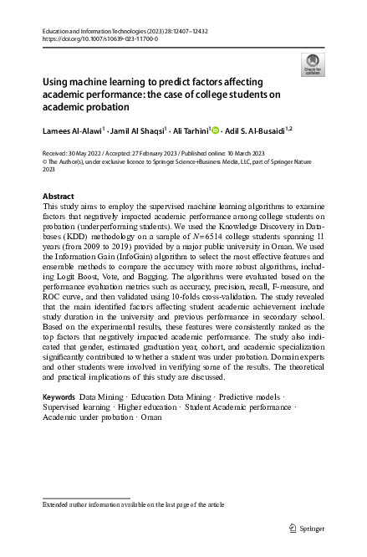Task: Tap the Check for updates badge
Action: (x=311, y=64)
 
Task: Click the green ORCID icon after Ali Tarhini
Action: (x=216, y=130)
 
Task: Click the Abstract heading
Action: (x=58, y=196)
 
